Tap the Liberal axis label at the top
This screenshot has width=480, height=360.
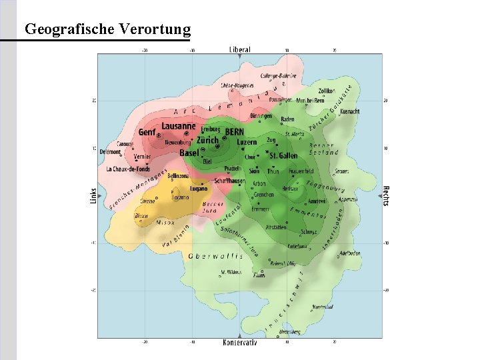click(240, 49)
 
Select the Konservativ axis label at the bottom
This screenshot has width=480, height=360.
click(240, 343)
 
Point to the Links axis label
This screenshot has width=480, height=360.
click(93, 195)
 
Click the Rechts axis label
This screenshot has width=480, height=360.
click(386, 195)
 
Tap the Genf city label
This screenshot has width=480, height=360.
click(147, 133)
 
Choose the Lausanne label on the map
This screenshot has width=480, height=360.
click(179, 126)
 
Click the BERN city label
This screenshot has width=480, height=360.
click(235, 131)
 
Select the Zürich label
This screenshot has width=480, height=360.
click(207, 141)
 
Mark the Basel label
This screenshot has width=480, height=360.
click(189, 153)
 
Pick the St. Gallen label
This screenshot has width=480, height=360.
click(283, 155)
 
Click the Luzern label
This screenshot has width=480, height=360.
click(247, 142)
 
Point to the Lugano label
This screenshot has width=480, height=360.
click(198, 189)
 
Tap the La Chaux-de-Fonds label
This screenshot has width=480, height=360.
click(128, 169)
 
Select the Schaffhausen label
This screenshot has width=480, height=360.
click(229, 181)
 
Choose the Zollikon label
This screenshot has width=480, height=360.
click(326, 90)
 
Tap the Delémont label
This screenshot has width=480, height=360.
click(110, 152)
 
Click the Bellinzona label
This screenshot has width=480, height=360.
click(179, 176)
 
